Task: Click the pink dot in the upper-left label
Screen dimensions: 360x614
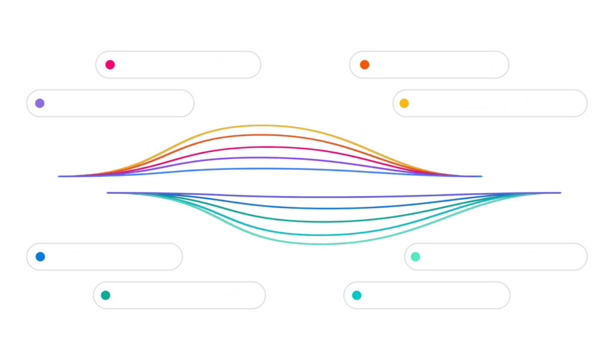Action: click(110, 65)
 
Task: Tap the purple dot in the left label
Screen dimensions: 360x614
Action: click(40, 103)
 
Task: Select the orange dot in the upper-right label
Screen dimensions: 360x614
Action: click(364, 64)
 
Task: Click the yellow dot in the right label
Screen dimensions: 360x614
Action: click(405, 103)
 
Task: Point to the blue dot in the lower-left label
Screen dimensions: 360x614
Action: click(40, 257)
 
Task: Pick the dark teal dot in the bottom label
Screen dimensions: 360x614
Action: click(106, 295)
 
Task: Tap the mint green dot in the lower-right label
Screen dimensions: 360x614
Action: click(416, 257)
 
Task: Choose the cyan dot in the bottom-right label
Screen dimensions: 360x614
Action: click(357, 295)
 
